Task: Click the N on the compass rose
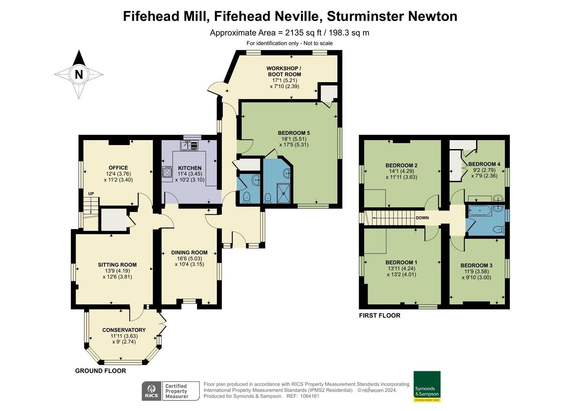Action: click(79, 74)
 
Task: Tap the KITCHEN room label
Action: click(189, 168)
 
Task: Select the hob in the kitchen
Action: click(167, 172)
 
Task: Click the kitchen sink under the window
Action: click(189, 145)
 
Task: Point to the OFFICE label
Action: click(118, 167)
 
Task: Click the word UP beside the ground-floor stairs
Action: click(91, 194)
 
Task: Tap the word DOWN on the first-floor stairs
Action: click(422, 218)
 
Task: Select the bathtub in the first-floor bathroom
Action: click(480, 210)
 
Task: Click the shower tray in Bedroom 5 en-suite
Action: click(283, 193)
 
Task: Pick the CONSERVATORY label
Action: click(124, 330)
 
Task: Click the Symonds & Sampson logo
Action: click(427, 386)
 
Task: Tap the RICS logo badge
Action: click(151, 391)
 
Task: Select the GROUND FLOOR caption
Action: click(100, 371)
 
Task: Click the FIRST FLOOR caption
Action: click(379, 315)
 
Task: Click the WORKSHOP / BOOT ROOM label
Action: click(284, 71)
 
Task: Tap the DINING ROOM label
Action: click(189, 252)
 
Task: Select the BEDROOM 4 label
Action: click(484, 164)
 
